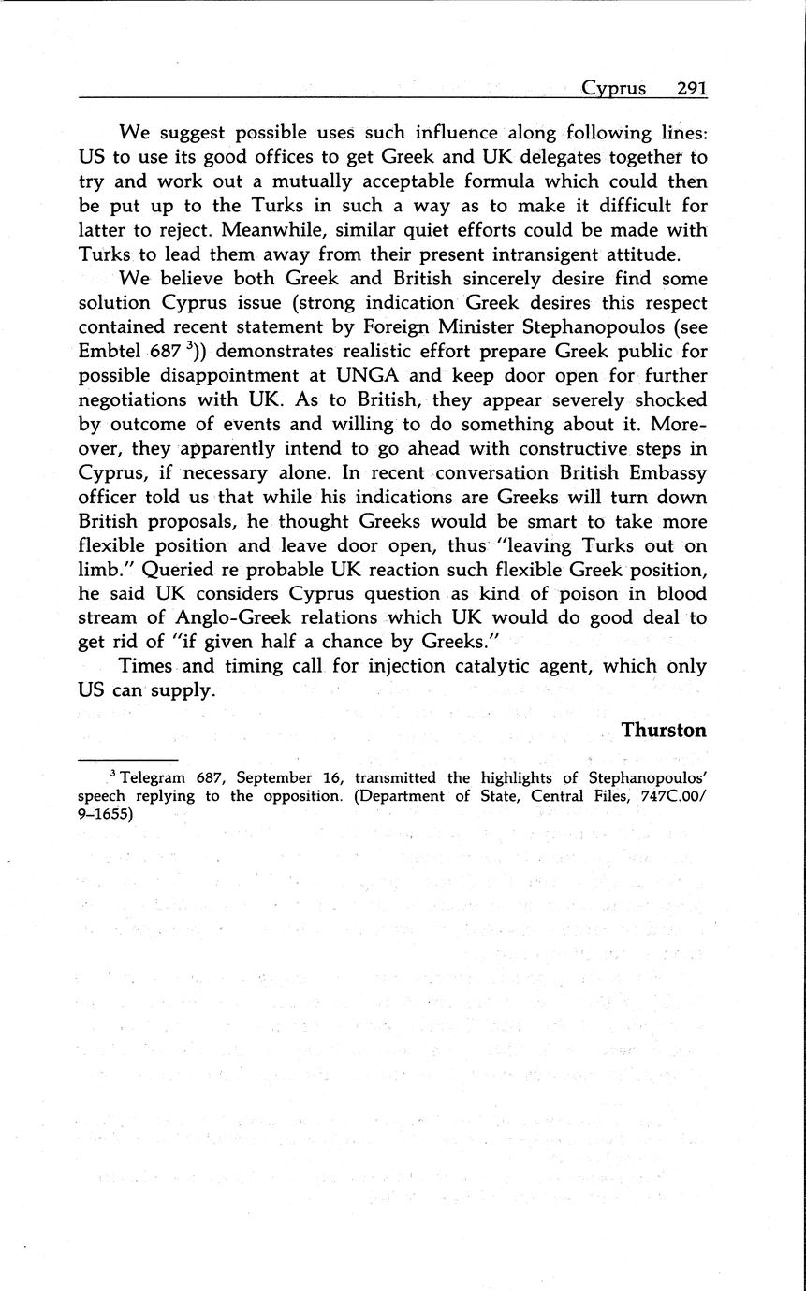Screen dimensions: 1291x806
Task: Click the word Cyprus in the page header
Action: [613, 88]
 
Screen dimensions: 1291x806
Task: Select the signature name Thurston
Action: [664, 730]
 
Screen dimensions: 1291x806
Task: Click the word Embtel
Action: [107, 352]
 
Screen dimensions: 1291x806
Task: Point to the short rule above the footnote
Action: [127, 760]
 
